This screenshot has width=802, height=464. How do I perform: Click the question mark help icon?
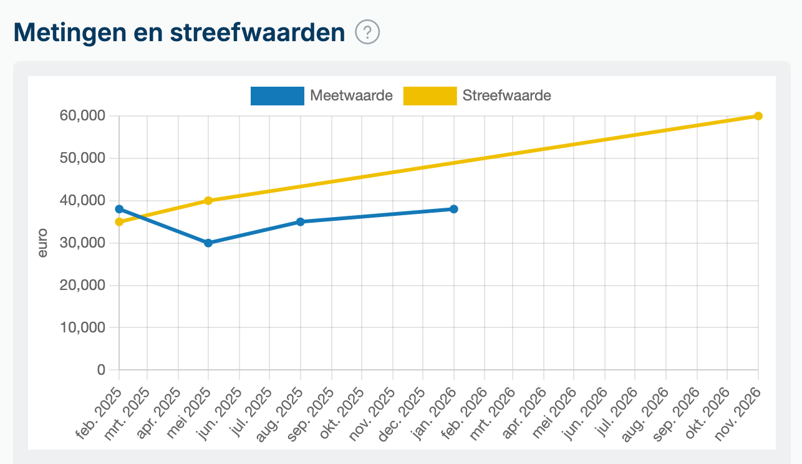tap(367, 32)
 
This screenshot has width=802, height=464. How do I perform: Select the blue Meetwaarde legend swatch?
tap(277, 96)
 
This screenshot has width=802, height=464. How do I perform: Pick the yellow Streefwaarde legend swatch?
tap(430, 96)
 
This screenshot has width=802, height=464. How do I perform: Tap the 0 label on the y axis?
tap(102, 370)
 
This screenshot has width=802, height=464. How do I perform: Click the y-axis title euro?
tap(42, 243)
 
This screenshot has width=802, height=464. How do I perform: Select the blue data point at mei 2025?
tap(208, 243)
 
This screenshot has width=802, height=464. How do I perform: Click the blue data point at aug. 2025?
tap(301, 221)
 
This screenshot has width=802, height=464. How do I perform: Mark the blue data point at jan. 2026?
tap(454, 209)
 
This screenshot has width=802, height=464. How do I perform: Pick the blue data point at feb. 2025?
tap(119, 209)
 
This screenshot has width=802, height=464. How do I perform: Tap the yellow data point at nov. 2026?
tap(758, 116)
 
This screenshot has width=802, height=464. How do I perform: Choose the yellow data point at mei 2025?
tap(208, 201)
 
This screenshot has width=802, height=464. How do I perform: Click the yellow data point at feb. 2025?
tap(119, 222)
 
